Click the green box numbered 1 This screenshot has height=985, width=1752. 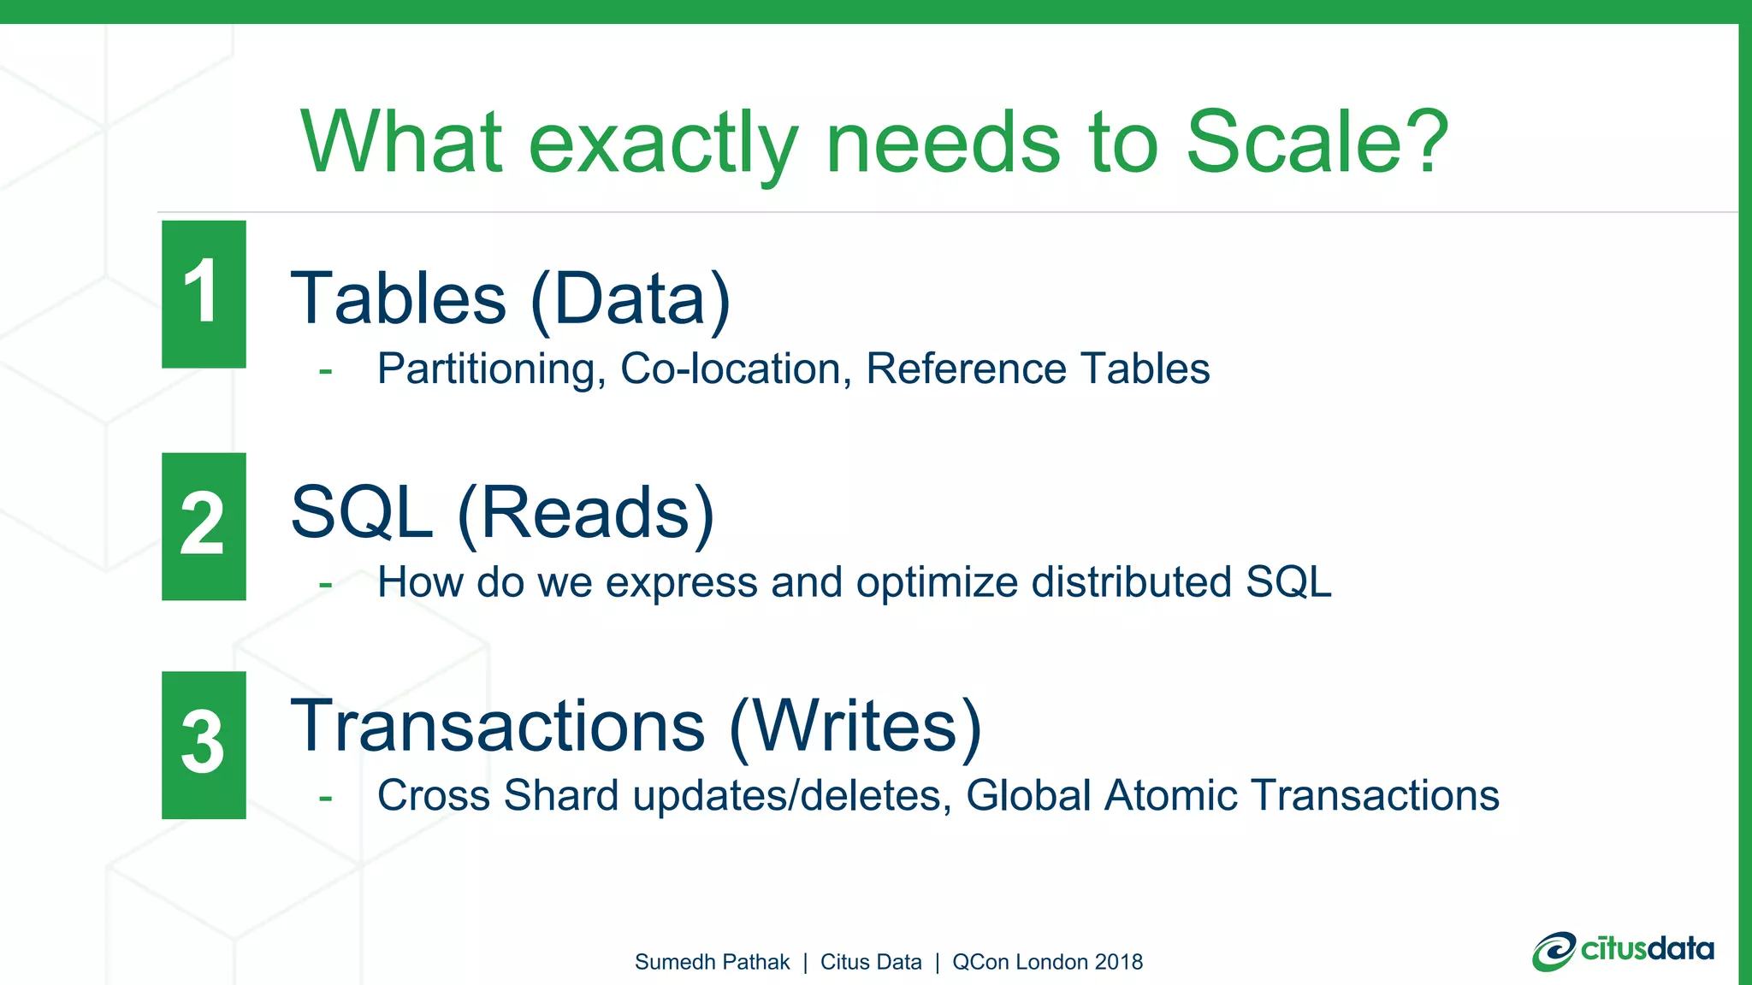click(x=204, y=294)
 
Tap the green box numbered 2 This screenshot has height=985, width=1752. click(x=204, y=526)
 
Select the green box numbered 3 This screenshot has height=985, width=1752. click(x=204, y=745)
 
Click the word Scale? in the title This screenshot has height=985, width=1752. click(x=1317, y=143)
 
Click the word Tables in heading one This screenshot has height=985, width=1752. click(x=399, y=298)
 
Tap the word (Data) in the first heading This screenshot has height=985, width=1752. click(x=631, y=298)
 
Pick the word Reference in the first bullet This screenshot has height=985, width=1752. click(x=966, y=369)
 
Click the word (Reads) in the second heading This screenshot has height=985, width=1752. click(x=586, y=513)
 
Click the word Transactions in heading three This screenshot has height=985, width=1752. click(x=498, y=726)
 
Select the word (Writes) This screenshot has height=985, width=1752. click(x=855, y=726)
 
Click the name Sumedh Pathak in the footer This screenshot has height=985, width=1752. click(x=712, y=962)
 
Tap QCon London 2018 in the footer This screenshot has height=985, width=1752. click(x=1047, y=962)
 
